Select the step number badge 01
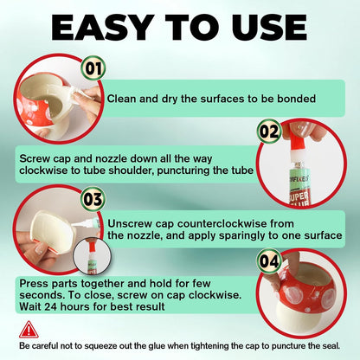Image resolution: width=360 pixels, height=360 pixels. click(93, 67)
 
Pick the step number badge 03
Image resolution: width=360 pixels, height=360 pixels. click(93, 197)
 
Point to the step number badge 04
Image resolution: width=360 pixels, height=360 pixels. click(270, 260)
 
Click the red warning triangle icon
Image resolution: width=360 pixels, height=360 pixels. click(29, 330)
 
